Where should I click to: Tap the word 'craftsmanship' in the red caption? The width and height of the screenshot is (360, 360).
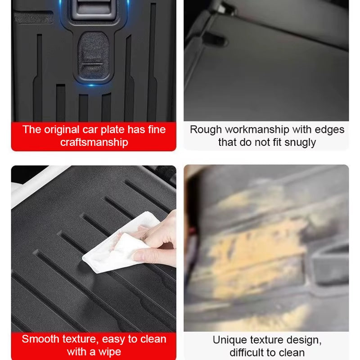pos(94,142)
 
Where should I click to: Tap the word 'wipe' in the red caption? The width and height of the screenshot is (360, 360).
pos(110,351)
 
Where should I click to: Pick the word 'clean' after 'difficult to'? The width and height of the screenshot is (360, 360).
pos(291,352)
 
